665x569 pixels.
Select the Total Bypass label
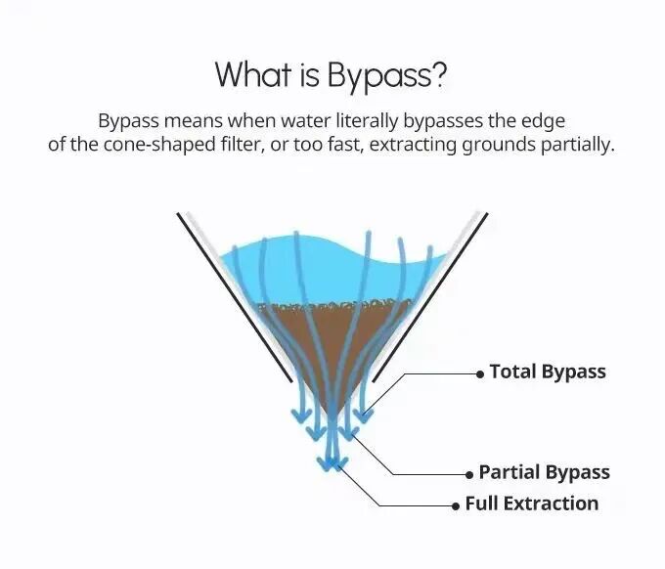pos(548,372)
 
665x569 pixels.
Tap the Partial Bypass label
pos(544,472)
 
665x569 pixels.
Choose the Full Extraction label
pos(531,503)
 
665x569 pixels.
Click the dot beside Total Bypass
pos(479,373)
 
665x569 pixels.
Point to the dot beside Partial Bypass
pos(468,474)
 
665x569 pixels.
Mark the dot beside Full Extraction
pos(455,505)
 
